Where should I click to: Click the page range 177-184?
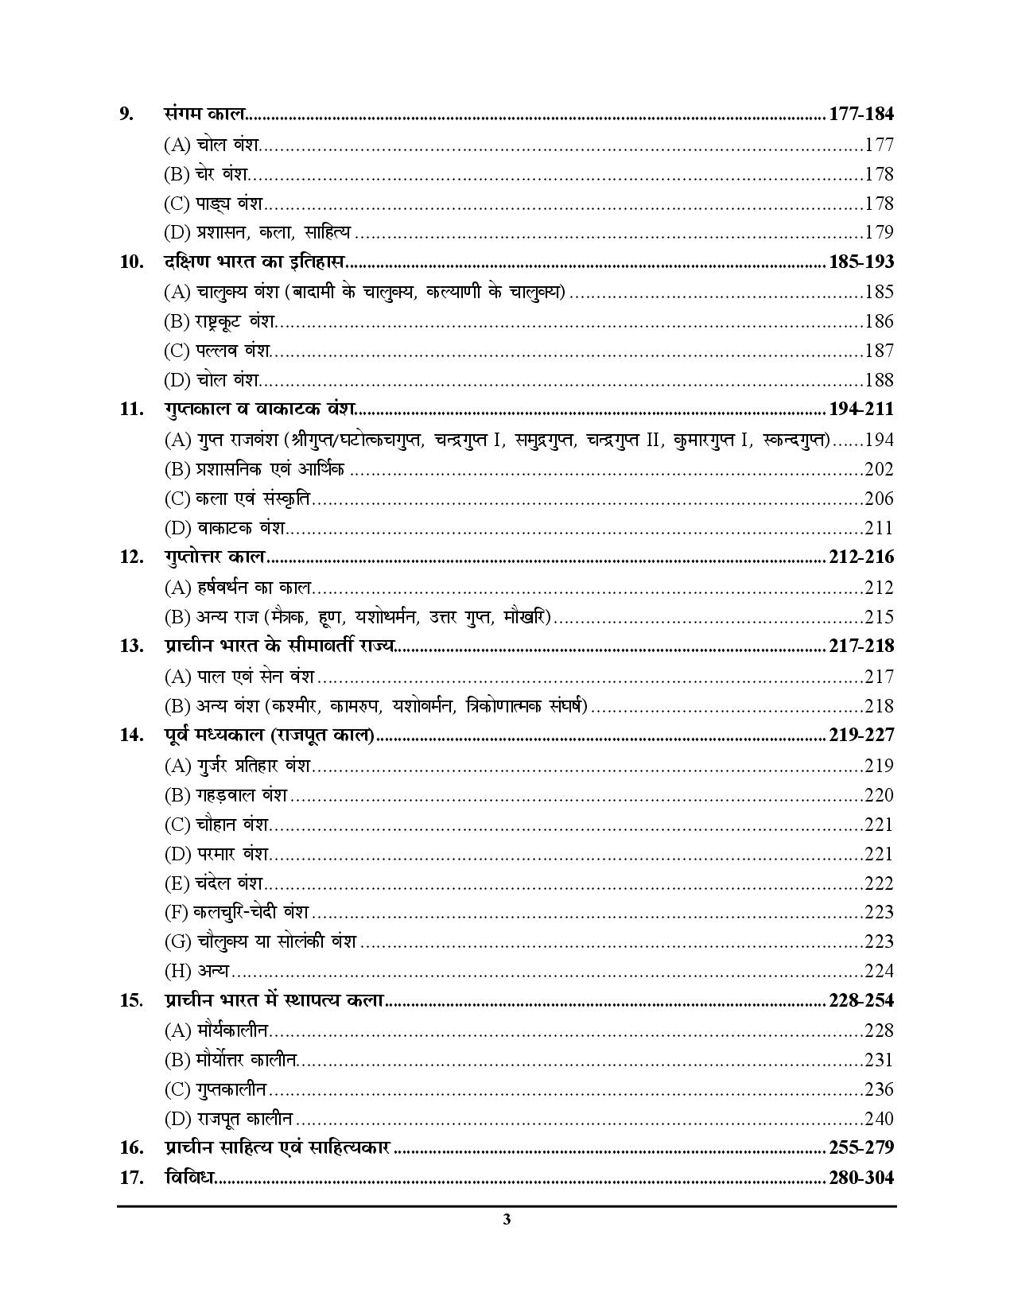tap(861, 114)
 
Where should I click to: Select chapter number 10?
tap(131, 262)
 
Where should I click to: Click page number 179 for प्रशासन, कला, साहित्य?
tap(879, 232)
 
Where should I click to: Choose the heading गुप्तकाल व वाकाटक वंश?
tap(259, 410)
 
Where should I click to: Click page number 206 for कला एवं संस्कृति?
tap(879, 499)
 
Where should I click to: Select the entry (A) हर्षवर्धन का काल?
tap(238, 588)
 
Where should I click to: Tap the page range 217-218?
tap(861, 646)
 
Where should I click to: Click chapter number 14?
tap(131, 735)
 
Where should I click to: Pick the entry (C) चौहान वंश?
tap(217, 825)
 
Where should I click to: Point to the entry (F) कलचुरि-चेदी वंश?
tap(236, 912)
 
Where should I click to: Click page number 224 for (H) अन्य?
tap(879, 971)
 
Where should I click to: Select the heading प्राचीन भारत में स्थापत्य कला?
tap(274, 1000)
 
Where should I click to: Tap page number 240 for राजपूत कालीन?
tap(879, 1119)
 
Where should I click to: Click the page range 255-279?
tap(861, 1148)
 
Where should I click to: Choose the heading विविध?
tap(189, 1178)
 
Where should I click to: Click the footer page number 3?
tap(507, 1221)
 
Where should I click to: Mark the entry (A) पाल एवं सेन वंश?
tap(239, 677)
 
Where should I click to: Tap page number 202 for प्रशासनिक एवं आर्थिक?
tap(879, 469)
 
